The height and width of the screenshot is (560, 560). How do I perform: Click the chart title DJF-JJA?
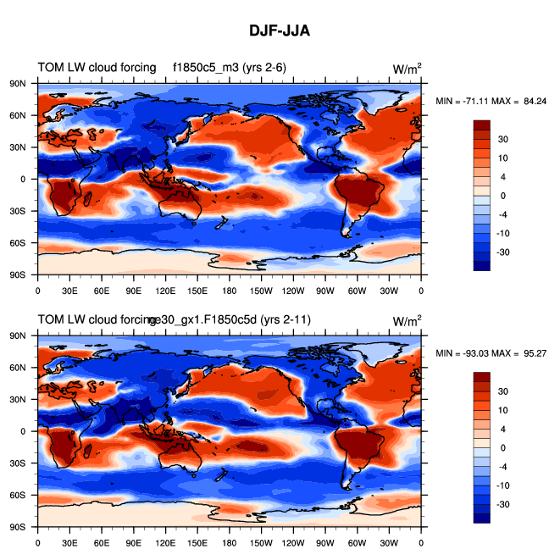[x=280, y=31]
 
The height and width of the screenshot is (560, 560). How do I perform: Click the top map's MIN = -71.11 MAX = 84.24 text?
[x=491, y=101]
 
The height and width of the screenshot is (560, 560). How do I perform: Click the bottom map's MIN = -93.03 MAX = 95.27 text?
[x=491, y=352]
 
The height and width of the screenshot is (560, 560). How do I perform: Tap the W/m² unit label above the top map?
[x=408, y=69]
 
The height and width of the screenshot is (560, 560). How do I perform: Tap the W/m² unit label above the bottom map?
[x=408, y=320]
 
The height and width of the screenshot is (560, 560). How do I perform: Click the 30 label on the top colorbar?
[x=502, y=139]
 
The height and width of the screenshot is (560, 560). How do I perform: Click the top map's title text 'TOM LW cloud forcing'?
[x=97, y=68]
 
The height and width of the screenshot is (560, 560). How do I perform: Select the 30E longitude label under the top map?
[x=69, y=290]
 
